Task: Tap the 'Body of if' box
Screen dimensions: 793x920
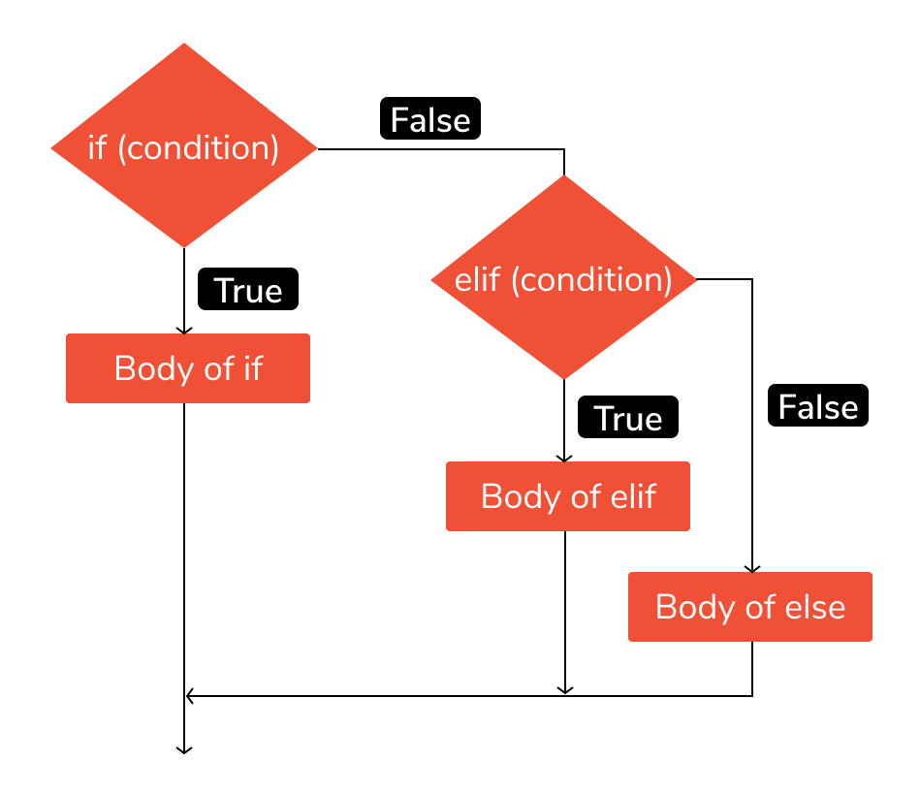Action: pos(188,368)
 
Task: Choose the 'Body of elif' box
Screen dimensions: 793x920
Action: pos(568,496)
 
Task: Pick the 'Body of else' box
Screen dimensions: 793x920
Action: pos(750,607)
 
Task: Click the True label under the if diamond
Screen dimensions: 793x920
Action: pos(248,291)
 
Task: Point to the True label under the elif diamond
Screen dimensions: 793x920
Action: pos(628,418)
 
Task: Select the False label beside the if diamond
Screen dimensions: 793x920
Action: pos(430,119)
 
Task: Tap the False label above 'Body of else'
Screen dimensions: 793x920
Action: pos(818,406)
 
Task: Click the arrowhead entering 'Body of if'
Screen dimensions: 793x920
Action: pos(184,330)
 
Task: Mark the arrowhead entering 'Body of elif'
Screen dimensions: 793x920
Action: pos(564,458)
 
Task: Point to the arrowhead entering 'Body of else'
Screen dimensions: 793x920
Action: pos(752,568)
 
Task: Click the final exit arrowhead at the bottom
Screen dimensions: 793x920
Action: pos(183,748)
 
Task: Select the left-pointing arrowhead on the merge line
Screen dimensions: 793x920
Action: pos(190,695)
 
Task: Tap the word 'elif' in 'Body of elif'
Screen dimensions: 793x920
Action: pos(632,496)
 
